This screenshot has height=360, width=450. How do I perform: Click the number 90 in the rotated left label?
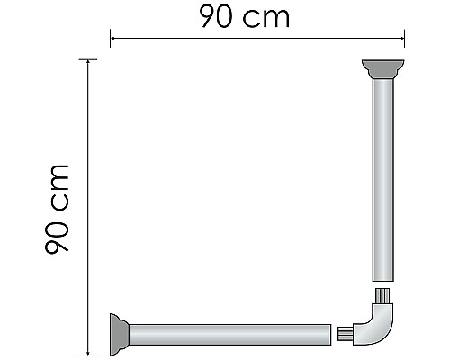click(59, 236)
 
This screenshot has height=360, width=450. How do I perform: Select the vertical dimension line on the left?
click(87, 207)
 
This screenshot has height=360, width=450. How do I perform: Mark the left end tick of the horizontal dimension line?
click(110, 38)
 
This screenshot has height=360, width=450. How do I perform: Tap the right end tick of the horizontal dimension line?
click(404, 38)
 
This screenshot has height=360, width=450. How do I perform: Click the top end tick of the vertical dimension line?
click(87, 59)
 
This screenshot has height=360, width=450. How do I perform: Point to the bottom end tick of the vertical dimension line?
click(87, 355)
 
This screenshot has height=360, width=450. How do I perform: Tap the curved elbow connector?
click(379, 326)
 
